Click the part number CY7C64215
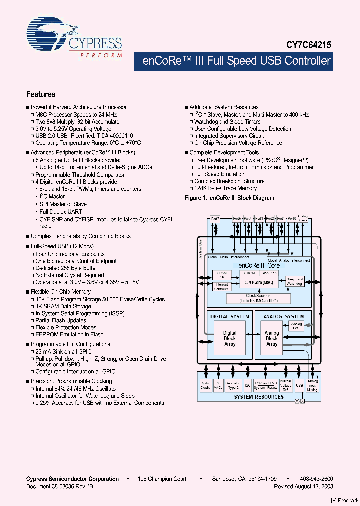pyautogui.click(x=309, y=44)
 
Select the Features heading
pyautogui.click(x=41, y=94)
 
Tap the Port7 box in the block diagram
pyautogui.click(x=215, y=219)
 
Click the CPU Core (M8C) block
pyautogui.click(x=255, y=283)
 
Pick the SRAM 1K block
pyautogui.click(x=221, y=275)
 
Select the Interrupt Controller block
pyautogui.click(x=221, y=286)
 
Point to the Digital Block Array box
pyautogui.click(x=230, y=338)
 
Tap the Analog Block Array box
pyautogui.click(x=272, y=338)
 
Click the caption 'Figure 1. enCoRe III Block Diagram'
pyautogui.click(x=230, y=198)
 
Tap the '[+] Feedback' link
pyautogui.click(x=344, y=500)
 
